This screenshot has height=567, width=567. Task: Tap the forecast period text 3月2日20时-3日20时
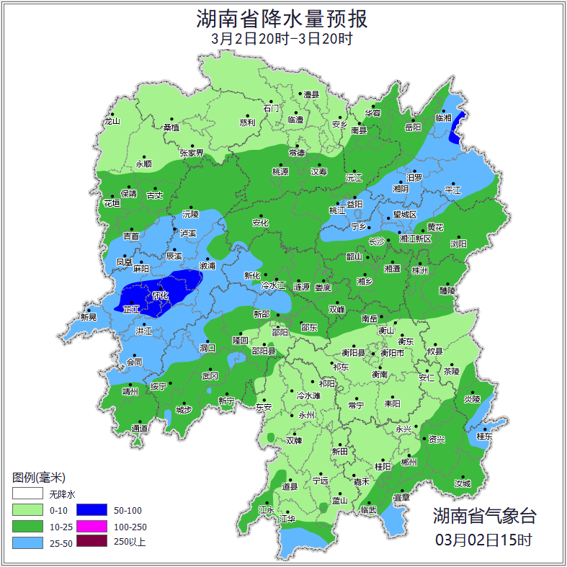[282, 39]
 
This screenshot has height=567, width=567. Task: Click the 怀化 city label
[161, 295]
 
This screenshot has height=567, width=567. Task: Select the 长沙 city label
[377, 242]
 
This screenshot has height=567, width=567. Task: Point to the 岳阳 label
[413, 128]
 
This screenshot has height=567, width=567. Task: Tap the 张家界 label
[192, 153]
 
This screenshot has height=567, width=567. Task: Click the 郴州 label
[409, 462]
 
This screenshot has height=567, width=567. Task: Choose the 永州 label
[308, 416]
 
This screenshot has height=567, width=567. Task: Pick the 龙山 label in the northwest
[112, 121]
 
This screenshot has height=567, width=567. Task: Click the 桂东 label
[485, 436]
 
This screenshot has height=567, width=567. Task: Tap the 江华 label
[287, 519]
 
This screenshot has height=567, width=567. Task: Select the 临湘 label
[443, 117]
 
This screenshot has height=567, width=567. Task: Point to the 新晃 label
[89, 317]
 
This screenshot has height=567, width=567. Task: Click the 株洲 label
[420, 271]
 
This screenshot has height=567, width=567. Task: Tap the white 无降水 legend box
[27, 494]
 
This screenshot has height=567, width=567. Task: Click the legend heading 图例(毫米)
[39, 478]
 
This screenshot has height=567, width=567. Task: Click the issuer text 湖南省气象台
[484, 515]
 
